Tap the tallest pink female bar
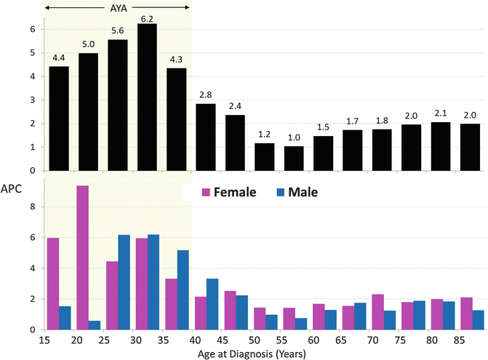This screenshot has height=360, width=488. [x=82, y=257]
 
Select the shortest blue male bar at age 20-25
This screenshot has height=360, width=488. [x=94, y=325]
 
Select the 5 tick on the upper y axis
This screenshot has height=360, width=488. [x=31, y=53]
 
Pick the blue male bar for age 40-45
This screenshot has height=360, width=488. [x=212, y=304]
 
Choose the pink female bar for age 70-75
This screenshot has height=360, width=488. [x=377, y=312]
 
